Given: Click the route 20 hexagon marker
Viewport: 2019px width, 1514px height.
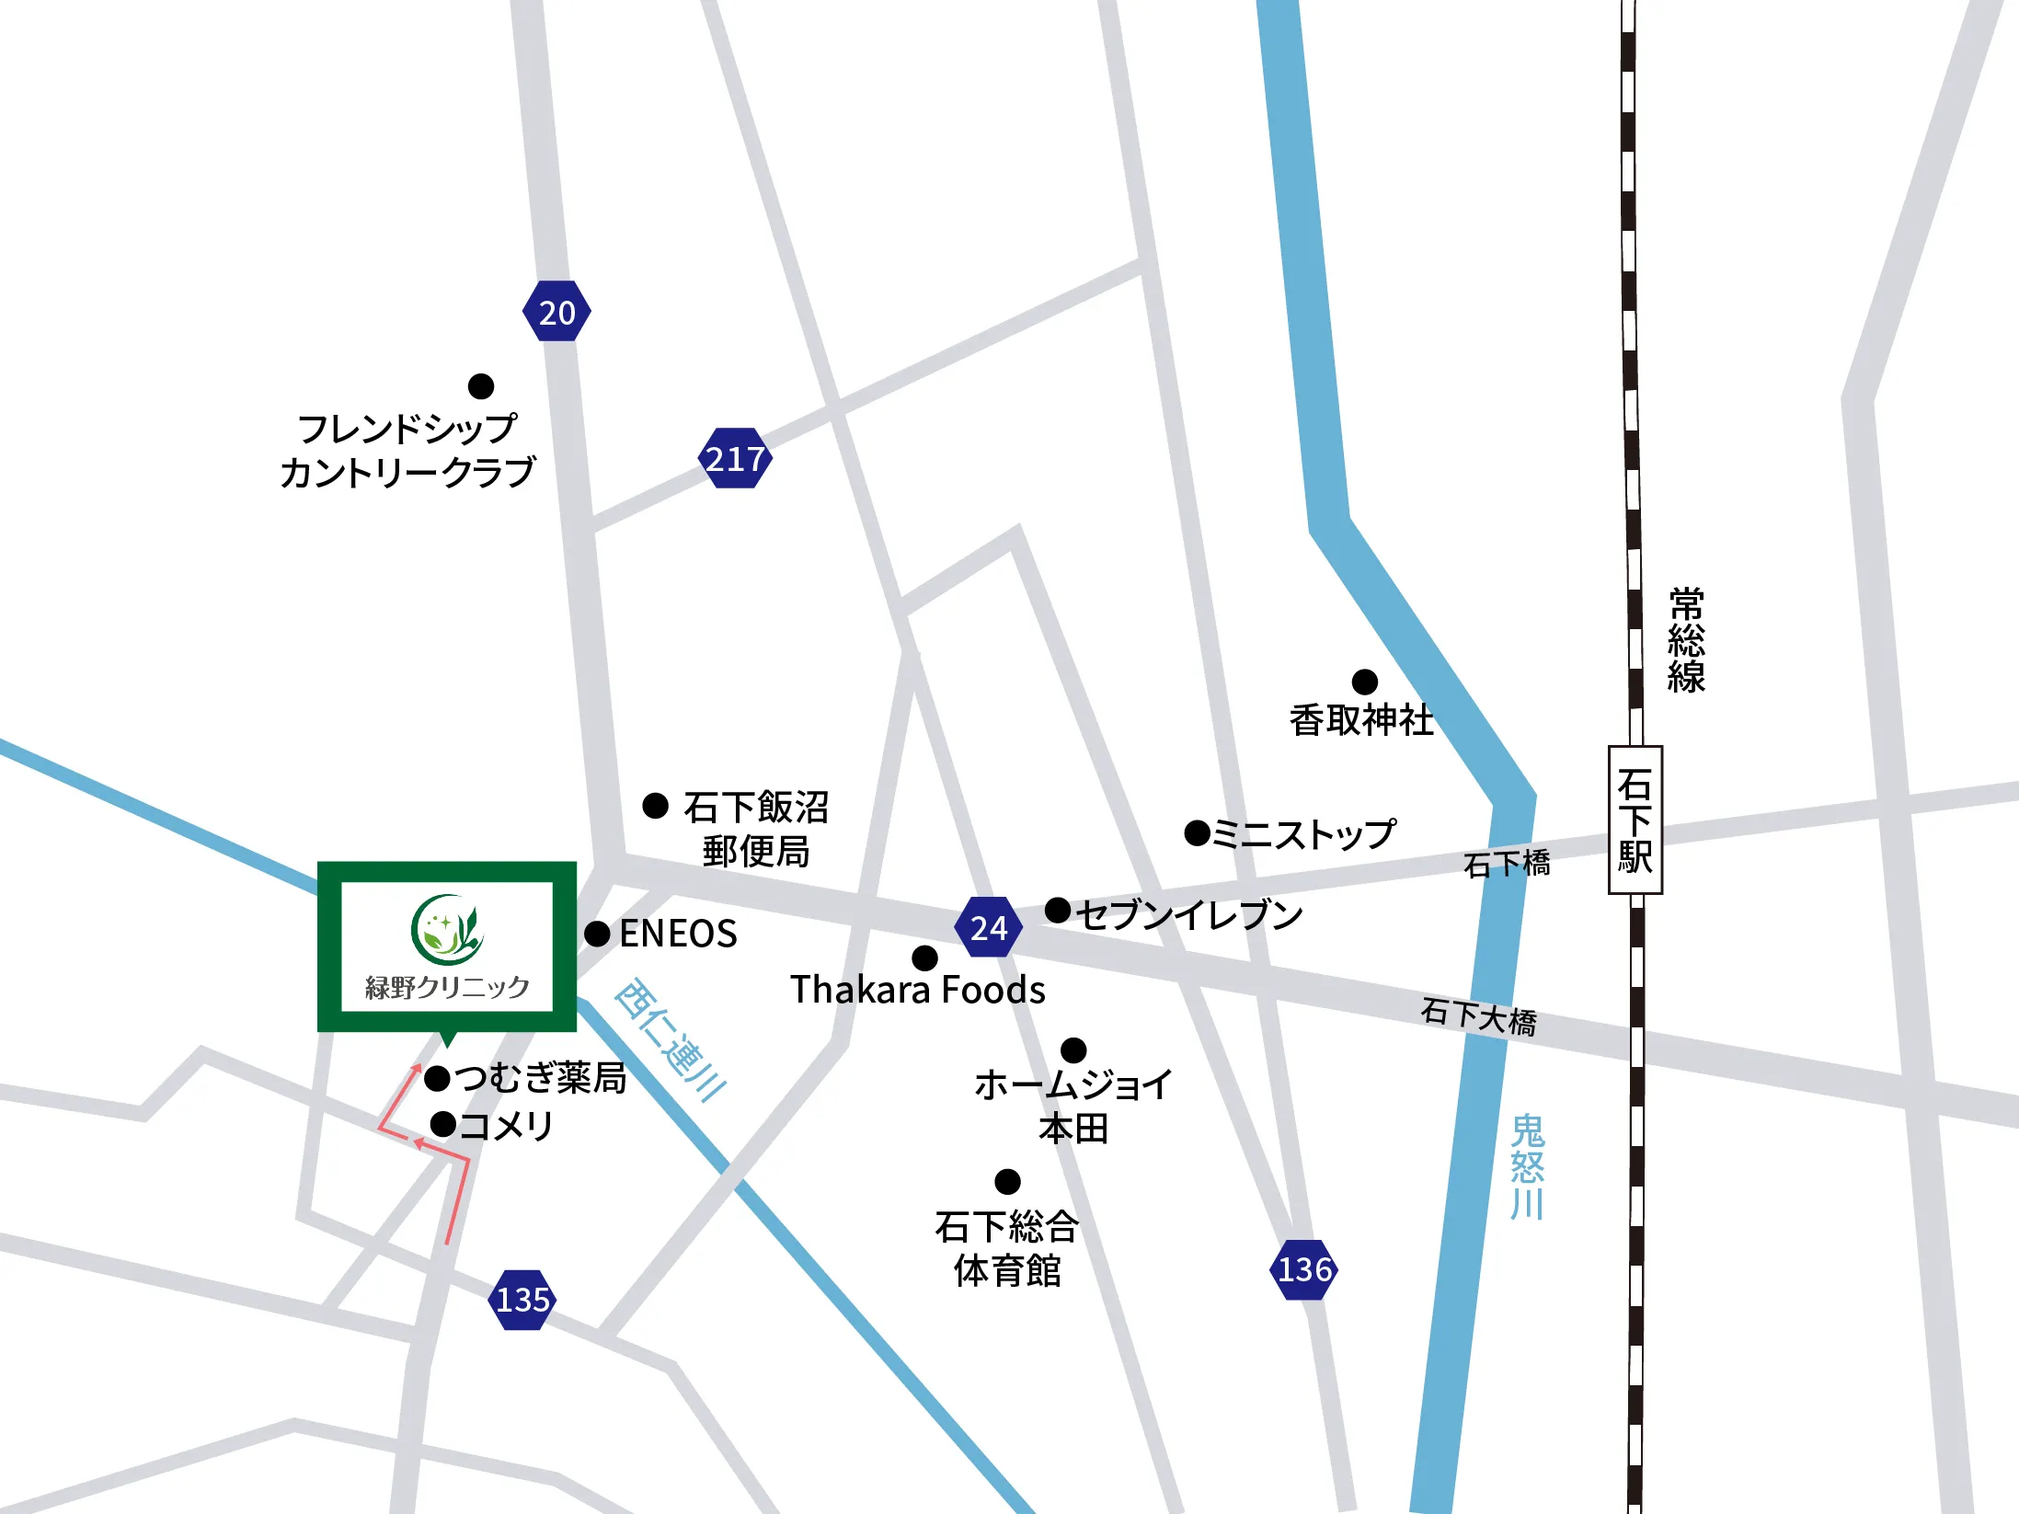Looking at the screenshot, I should pos(556,312).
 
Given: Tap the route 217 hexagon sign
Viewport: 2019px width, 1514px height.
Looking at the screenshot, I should pos(734,458).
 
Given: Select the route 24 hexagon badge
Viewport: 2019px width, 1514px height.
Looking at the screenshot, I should pos(989,927).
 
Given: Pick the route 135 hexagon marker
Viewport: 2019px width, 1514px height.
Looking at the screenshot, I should pos(522,1299).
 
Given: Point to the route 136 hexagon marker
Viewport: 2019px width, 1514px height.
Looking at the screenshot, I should pos(1303,1269).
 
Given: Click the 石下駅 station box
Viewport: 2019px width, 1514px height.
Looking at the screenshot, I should pos(1635,820).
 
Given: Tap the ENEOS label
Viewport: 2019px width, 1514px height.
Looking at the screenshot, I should pos(678,934).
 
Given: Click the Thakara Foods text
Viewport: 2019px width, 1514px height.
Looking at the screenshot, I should pos(917,990).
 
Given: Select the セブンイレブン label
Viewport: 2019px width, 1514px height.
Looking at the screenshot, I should pos(1188,914).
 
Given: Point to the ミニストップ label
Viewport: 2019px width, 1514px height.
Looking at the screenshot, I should pos(1303,834).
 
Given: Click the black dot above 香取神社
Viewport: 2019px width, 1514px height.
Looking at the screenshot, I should pos(1364,682).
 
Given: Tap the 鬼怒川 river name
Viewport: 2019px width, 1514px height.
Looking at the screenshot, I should pos(1527,1166).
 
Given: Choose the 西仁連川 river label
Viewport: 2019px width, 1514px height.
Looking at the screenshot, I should pos(670,1040).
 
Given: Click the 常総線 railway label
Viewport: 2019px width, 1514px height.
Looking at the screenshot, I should pos(1686,640).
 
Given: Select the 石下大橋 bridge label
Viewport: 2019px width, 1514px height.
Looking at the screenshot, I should pos(1478,1017).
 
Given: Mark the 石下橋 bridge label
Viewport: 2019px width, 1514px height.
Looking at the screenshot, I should pos(1507,864).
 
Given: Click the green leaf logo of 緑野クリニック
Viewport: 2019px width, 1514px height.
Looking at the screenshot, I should pos(446,926).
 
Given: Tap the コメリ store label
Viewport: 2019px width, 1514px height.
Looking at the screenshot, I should pos(505,1125).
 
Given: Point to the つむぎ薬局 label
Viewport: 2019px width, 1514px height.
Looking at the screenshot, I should pos(541,1077).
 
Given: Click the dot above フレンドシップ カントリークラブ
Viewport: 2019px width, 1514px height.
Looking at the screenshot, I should pos(480,385).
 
